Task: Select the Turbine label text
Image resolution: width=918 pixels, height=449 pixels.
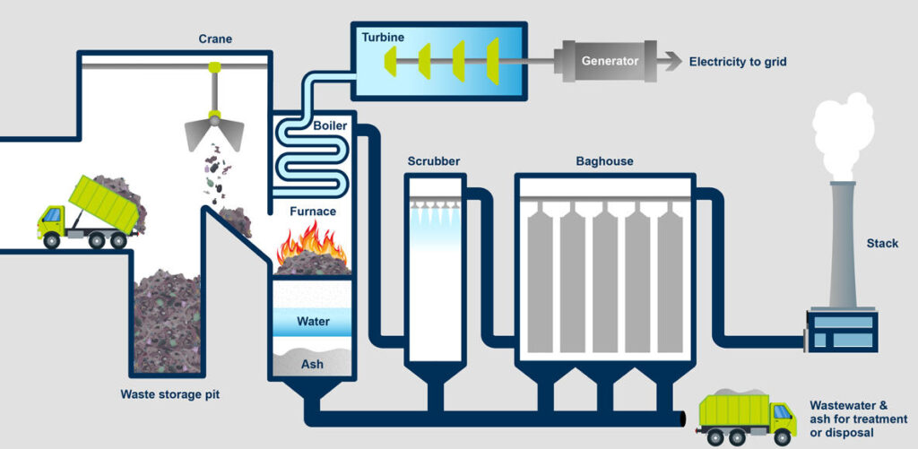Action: (382, 37)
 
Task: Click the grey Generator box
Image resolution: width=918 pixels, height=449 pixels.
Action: (611, 62)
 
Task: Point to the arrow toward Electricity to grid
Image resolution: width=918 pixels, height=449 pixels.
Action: (668, 62)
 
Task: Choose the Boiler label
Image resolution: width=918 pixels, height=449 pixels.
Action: (330, 125)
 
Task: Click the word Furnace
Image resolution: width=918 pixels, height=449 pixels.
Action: (313, 212)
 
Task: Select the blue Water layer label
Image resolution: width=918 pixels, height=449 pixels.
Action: (313, 321)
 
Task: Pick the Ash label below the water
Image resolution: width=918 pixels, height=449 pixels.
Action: (312, 364)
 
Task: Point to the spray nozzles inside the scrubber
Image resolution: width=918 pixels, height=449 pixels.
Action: (435, 212)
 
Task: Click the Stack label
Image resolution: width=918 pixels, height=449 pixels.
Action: (882, 243)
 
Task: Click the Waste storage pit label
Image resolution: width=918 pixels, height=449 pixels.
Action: (169, 393)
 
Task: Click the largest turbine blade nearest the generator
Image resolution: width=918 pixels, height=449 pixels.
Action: (492, 61)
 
